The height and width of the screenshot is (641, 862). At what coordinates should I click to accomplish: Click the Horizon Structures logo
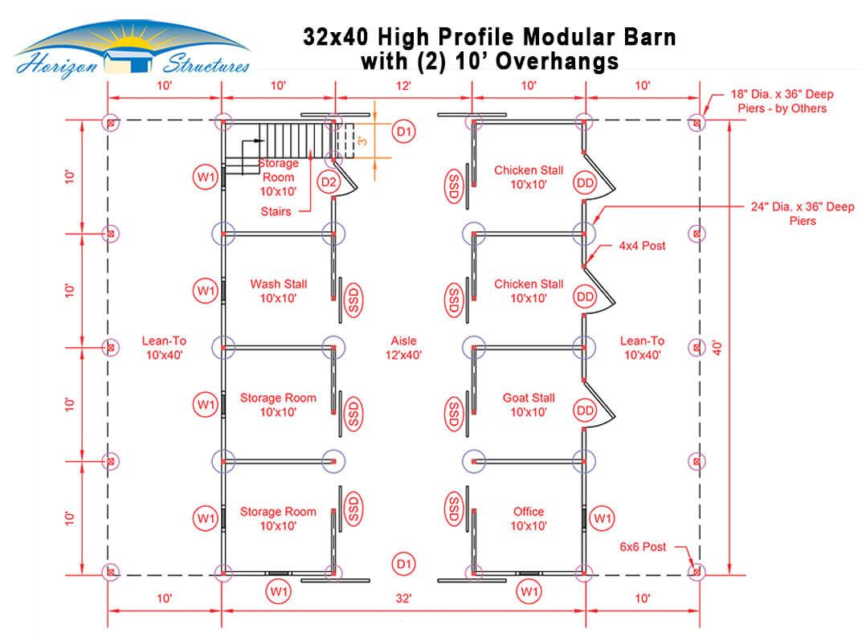click(x=132, y=50)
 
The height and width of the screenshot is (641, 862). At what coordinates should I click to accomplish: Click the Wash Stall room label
click(x=278, y=291)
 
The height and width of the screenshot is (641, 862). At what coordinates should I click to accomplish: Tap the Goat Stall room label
click(x=529, y=405)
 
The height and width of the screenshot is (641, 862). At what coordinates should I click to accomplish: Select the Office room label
click(x=529, y=518)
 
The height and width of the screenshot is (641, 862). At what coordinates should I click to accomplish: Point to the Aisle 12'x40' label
click(x=403, y=348)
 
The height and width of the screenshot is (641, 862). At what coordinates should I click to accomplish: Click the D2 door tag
click(x=329, y=182)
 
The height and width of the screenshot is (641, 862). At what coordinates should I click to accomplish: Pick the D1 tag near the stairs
click(x=403, y=132)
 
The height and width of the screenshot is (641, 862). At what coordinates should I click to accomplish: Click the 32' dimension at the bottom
click(x=403, y=598)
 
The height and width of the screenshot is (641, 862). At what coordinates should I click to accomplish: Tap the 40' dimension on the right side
click(x=717, y=348)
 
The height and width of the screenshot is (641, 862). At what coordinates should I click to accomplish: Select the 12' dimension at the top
click(x=403, y=85)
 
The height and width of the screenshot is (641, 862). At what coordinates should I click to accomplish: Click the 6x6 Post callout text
click(x=643, y=547)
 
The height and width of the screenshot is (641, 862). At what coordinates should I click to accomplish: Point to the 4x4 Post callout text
click(x=642, y=246)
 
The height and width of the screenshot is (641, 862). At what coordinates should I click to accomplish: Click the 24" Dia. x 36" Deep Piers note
click(x=803, y=214)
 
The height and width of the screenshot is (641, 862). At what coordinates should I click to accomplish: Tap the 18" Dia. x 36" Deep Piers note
click(x=782, y=101)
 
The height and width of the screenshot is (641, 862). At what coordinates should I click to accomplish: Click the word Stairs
click(x=276, y=211)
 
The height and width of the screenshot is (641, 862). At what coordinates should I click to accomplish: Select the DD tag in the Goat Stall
click(x=585, y=410)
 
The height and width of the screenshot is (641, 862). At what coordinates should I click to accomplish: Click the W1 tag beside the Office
click(x=603, y=518)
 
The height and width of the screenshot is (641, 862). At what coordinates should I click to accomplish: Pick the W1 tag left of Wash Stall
click(x=206, y=291)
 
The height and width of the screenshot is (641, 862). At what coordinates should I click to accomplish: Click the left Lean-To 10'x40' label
click(x=164, y=348)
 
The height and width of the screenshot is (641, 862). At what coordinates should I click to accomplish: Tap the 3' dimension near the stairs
click(x=362, y=141)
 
